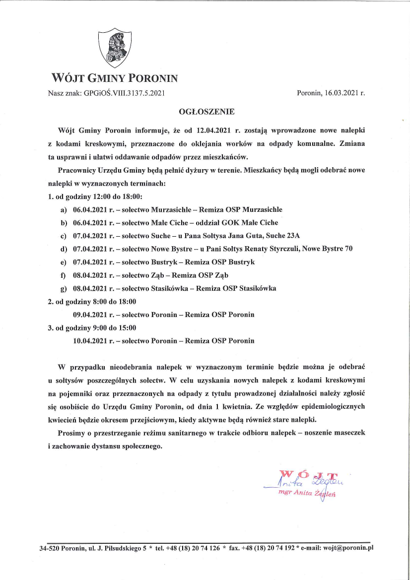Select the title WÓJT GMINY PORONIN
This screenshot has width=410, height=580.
click(x=115, y=78)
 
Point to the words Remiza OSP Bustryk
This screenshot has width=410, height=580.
click(x=226, y=262)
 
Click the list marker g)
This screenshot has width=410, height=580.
click(x=63, y=288)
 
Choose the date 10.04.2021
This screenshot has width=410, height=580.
click(x=94, y=341)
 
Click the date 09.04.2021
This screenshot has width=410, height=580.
click(x=94, y=315)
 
